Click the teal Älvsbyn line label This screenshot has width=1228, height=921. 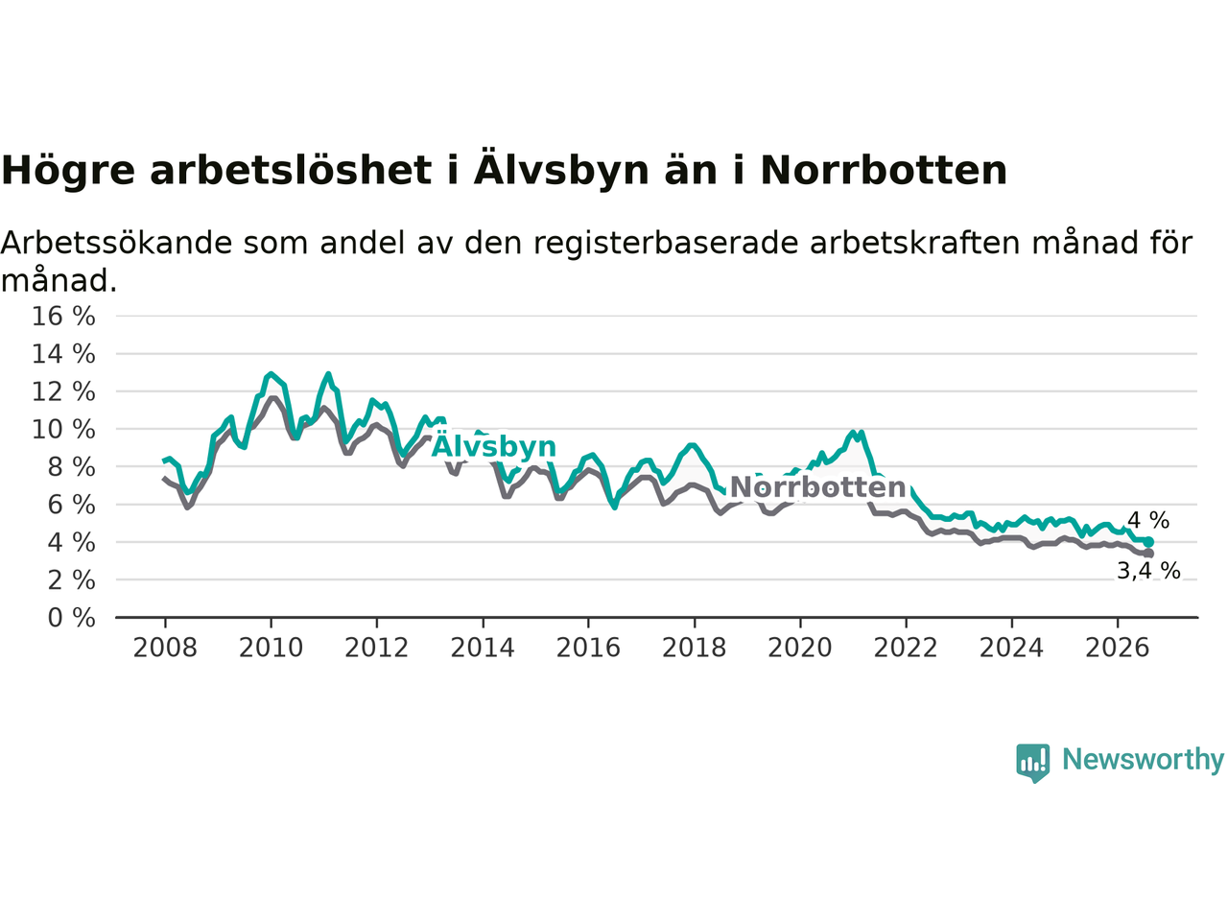[x=493, y=446]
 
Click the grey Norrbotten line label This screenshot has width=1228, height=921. [x=818, y=487]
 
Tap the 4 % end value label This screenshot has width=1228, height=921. [x=1148, y=520]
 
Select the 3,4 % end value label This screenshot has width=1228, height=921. [x=1148, y=571]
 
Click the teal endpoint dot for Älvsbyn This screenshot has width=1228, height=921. [x=1148, y=542]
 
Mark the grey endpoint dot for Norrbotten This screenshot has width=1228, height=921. [x=1148, y=554]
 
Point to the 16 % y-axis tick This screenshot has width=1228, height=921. [x=63, y=316]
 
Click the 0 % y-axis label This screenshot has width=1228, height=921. [x=72, y=618]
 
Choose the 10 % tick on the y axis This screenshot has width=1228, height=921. [x=63, y=430]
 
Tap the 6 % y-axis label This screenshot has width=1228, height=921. [x=72, y=505]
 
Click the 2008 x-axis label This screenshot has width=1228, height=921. [x=165, y=649]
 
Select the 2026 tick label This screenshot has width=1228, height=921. [x=1118, y=649]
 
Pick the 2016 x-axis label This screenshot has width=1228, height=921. [x=588, y=649]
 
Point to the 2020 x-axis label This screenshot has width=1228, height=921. [x=800, y=649]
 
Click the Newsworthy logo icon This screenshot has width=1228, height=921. [x=1032, y=763]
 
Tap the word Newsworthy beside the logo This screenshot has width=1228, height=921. [x=1143, y=760]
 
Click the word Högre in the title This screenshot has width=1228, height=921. [x=68, y=171]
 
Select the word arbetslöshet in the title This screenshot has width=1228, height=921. [x=291, y=170]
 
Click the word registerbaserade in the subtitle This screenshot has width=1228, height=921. [x=665, y=244]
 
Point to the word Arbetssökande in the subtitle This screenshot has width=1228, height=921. [x=116, y=243]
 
